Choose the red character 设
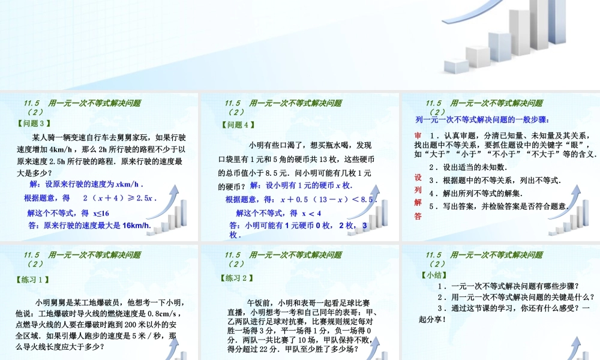[x=418, y=178]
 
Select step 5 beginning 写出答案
[x=498, y=206]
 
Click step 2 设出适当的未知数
[x=468, y=167]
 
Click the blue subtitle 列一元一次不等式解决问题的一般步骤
[x=482, y=119]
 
